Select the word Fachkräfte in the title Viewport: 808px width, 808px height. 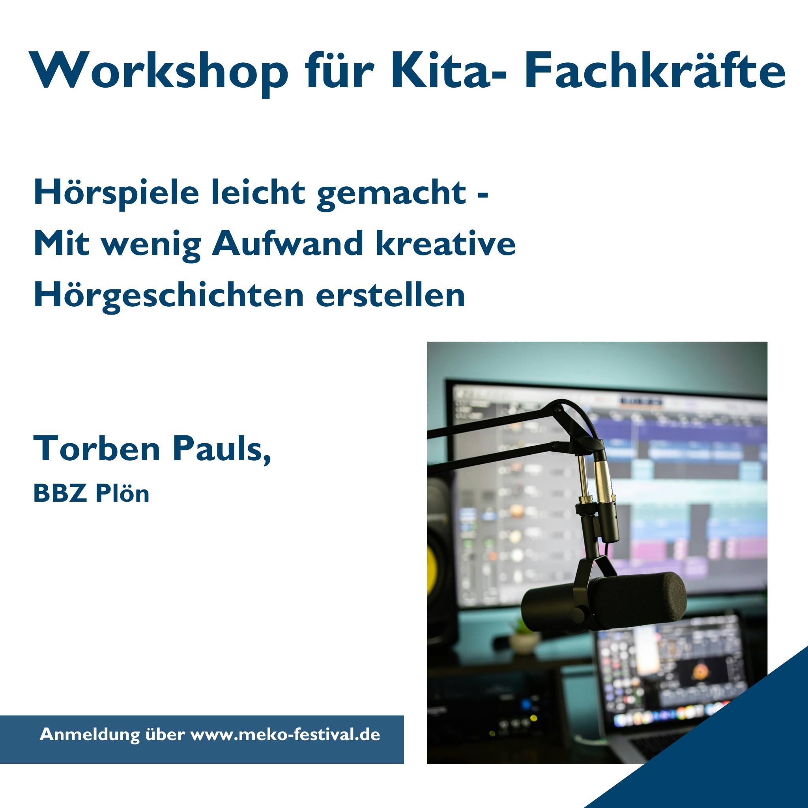click(655, 70)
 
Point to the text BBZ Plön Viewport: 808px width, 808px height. click(91, 494)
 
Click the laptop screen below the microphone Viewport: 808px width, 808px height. click(669, 669)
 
